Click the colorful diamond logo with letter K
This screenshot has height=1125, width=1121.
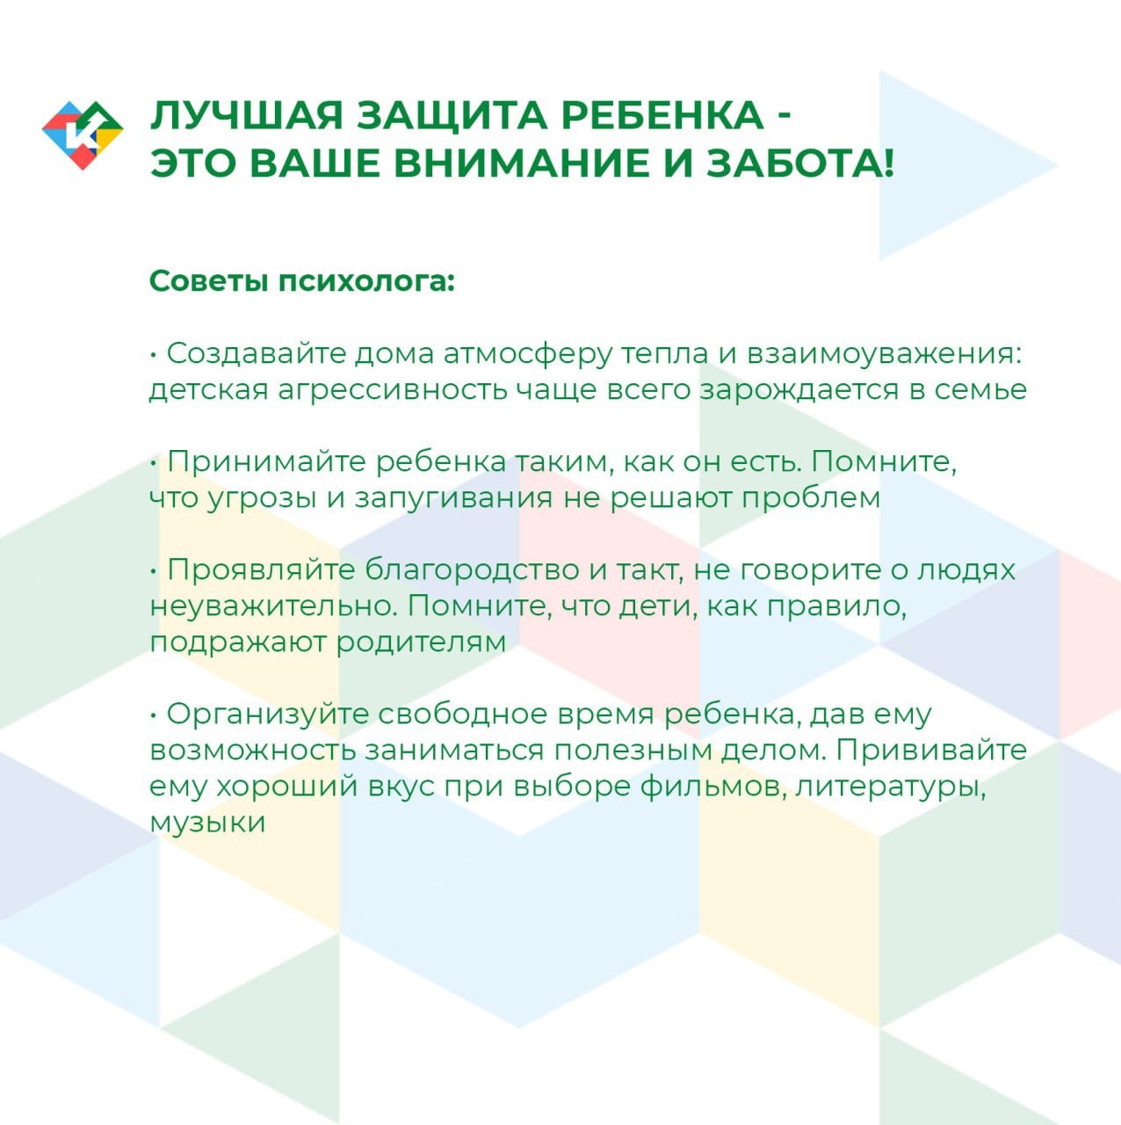click(x=83, y=134)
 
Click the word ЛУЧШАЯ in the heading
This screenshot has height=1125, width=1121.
click(x=246, y=116)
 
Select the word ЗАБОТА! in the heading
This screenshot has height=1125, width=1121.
click(x=800, y=163)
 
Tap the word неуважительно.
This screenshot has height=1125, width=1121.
click(x=274, y=606)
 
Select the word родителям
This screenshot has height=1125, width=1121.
click(x=421, y=643)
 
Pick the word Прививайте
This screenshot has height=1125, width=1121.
click(x=930, y=751)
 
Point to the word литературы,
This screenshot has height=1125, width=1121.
click(x=890, y=787)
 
